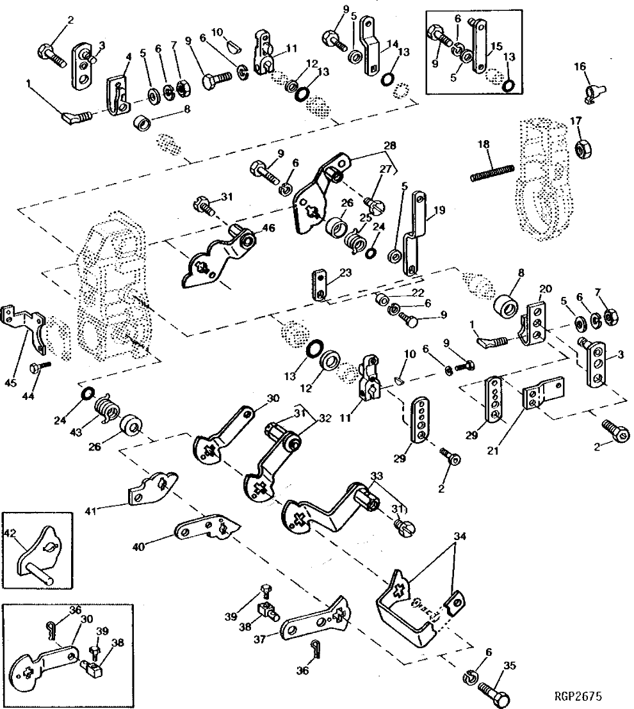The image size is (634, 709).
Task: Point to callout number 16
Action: (x=580, y=66)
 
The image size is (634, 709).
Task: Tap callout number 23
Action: (x=345, y=272)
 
